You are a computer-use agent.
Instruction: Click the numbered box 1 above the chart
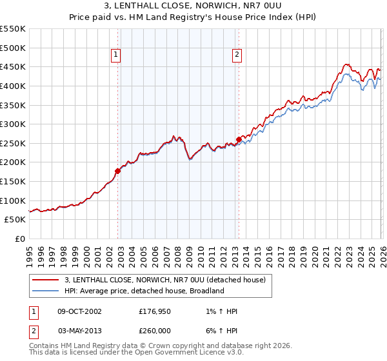(x=115, y=55)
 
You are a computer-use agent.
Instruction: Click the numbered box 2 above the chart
(x=237, y=55)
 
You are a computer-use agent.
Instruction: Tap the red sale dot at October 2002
(x=117, y=171)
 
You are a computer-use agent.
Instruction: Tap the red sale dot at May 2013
(x=239, y=139)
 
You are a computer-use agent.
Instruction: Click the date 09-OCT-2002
(x=79, y=311)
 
